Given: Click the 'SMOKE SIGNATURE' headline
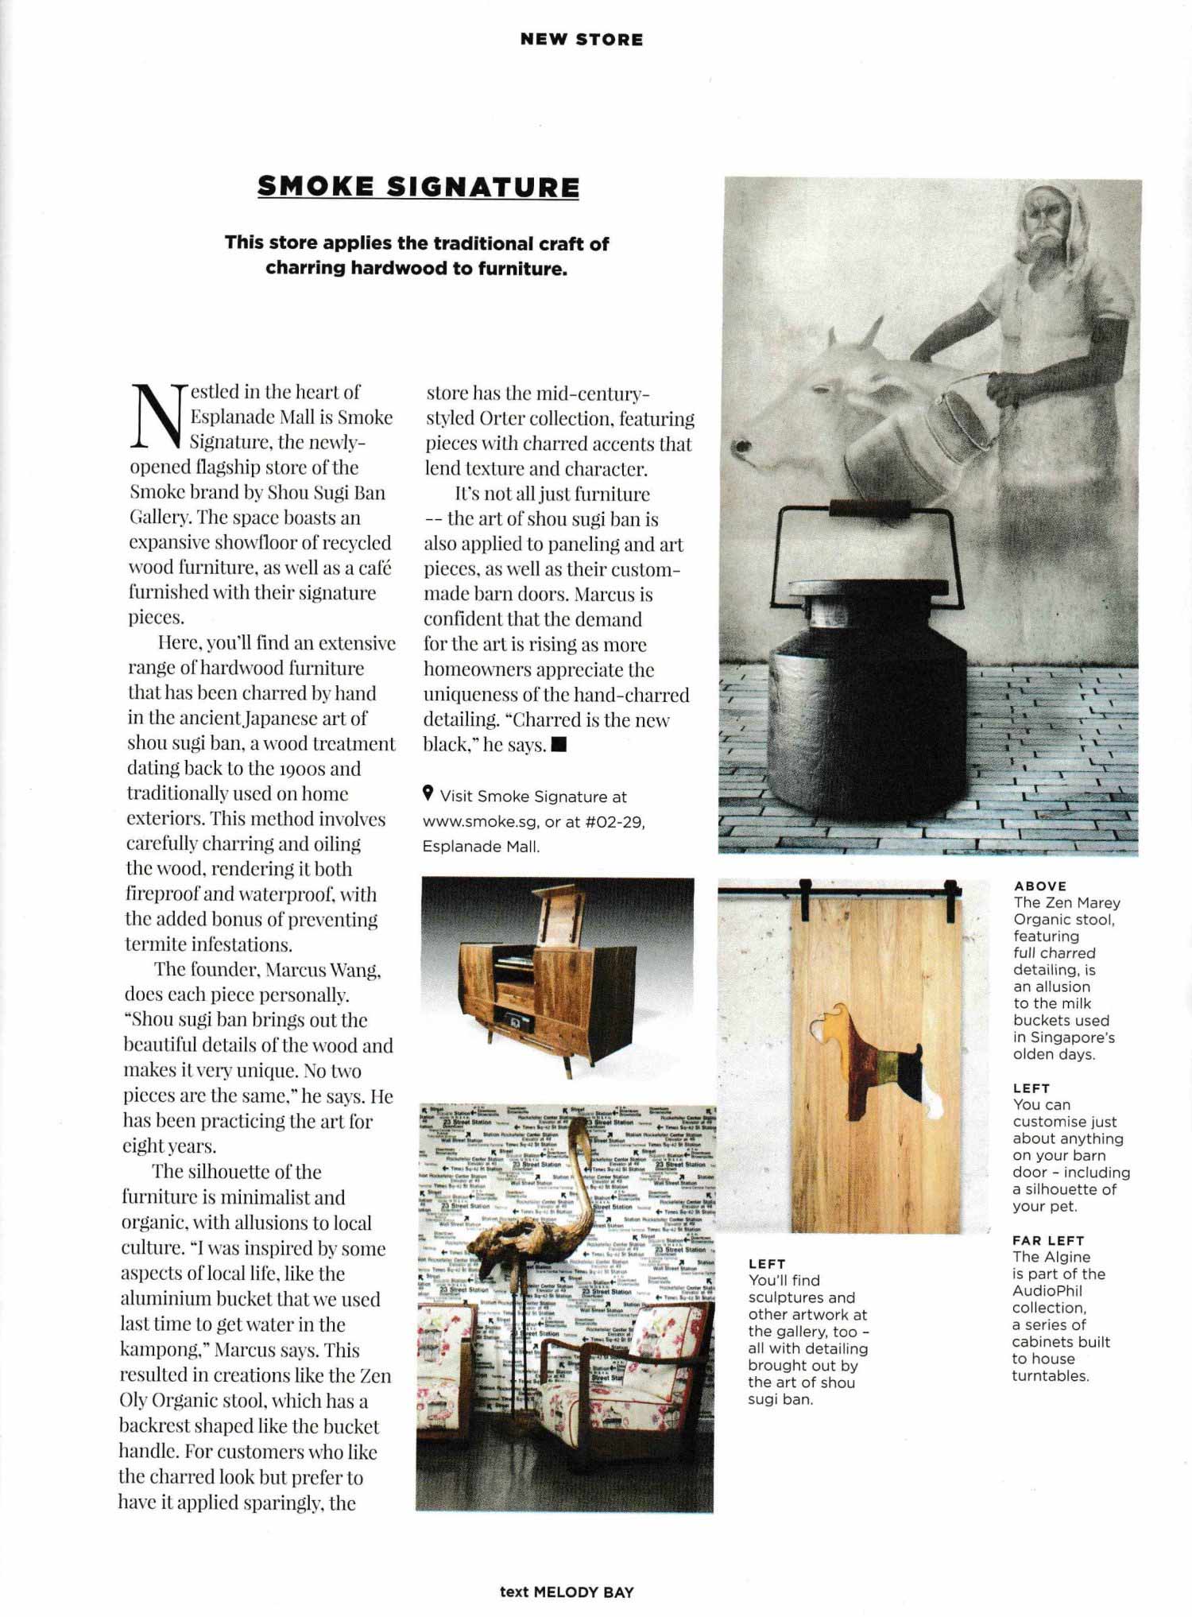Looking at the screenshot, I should (x=418, y=187).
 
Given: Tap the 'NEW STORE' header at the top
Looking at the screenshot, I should (x=581, y=40).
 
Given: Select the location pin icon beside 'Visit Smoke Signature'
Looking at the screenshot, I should (x=428, y=793).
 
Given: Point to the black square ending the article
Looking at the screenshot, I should (x=558, y=745).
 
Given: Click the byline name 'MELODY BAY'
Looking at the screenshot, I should (x=583, y=1592).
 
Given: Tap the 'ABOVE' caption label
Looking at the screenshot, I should (x=1039, y=886).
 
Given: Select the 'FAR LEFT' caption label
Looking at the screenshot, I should (x=1047, y=1239).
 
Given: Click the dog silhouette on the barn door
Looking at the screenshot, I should (x=868, y=1059).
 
